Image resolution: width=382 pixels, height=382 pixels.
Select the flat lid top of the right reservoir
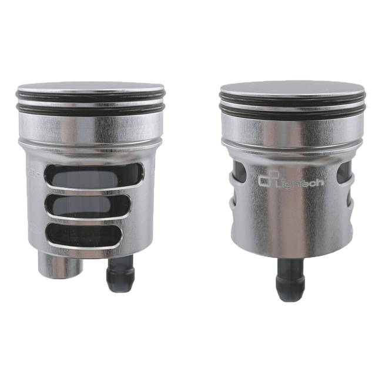point(291,89)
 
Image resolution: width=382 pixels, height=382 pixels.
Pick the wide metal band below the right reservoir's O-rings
point(291,132)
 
